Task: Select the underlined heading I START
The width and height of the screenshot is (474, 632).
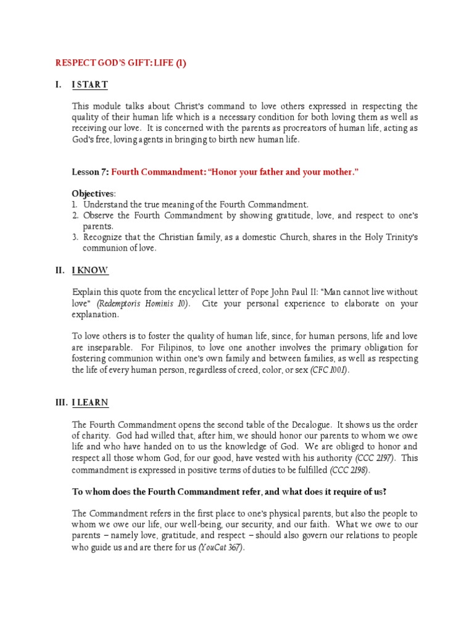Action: click(89, 85)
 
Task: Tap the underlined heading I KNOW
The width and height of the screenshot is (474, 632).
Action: click(90, 270)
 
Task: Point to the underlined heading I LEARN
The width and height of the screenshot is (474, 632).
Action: click(90, 403)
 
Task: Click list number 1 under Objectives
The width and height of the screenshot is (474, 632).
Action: click(74, 204)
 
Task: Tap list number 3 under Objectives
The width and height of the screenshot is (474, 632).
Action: click(74, 238)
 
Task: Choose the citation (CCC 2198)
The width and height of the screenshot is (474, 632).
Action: click(351, 470)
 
